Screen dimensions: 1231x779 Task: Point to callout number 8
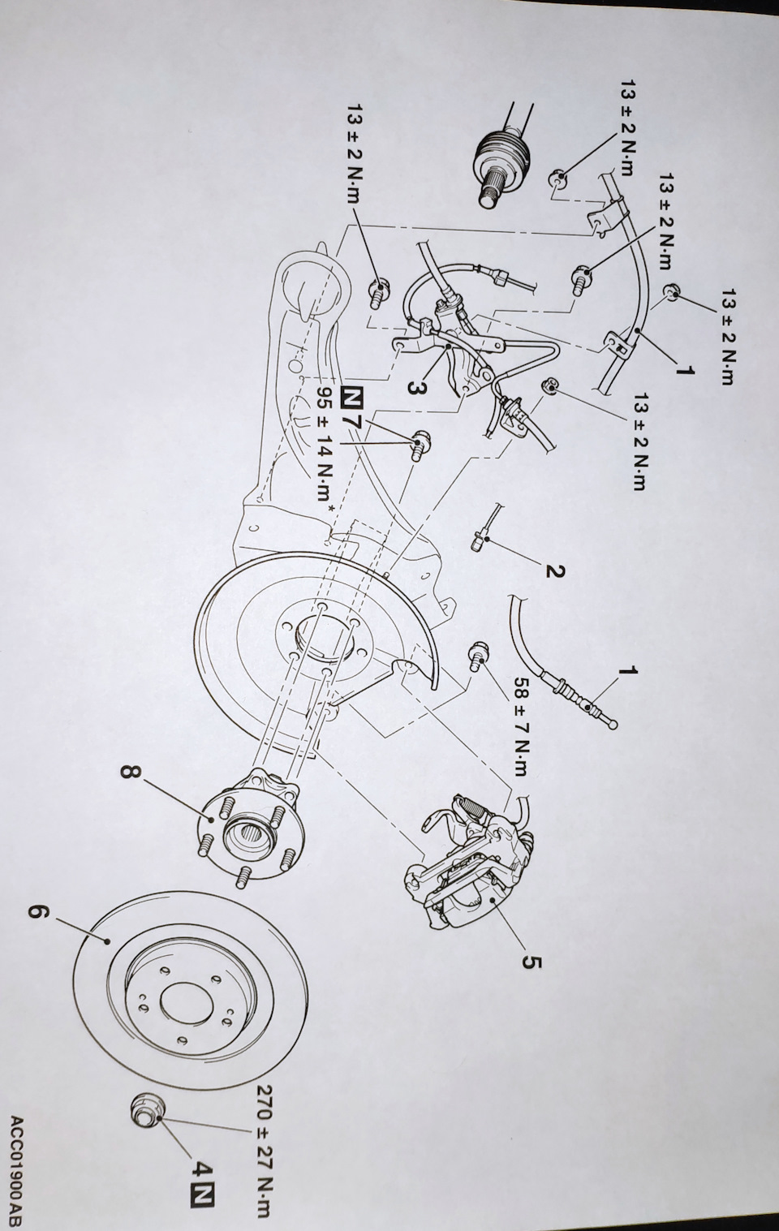click(128, 770)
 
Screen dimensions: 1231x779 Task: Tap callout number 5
click(532, 962)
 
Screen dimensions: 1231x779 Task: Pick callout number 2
click(554, 571)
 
